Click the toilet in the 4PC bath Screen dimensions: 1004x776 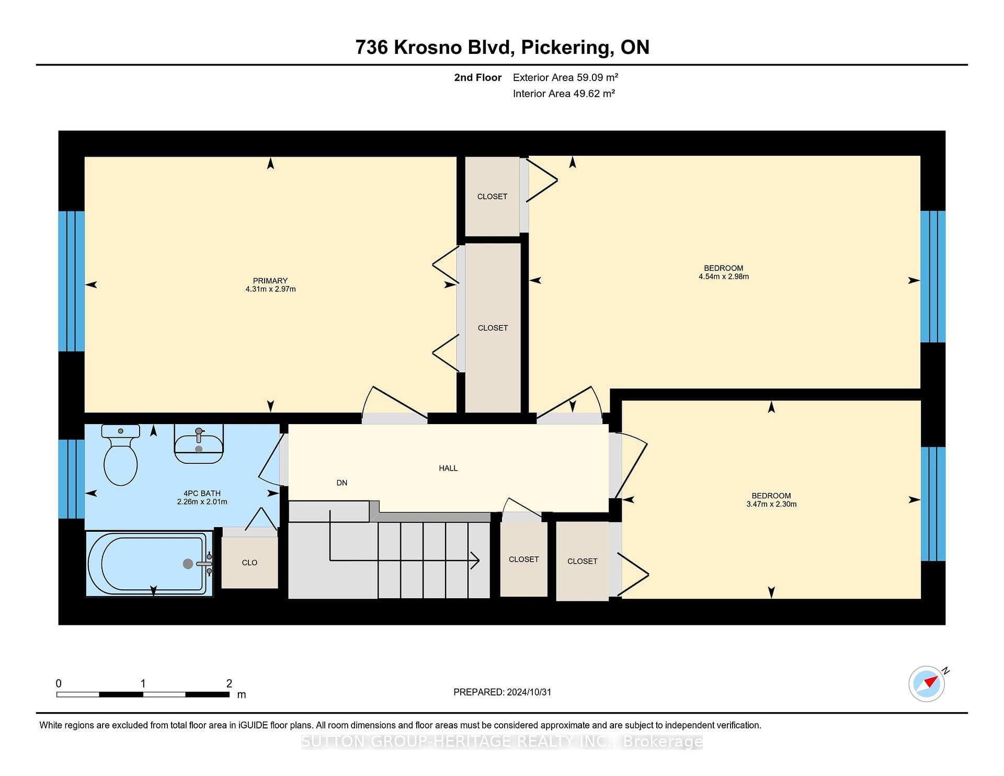pos(121,455)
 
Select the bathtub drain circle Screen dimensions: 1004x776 pos(188,564)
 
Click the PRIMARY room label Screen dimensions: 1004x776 pos(270,281)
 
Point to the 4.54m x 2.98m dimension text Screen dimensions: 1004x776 pos(724,277)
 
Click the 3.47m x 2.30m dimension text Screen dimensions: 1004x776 pos(771,504)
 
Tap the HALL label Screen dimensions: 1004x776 pos(448,469)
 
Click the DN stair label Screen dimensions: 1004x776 pos(342,483)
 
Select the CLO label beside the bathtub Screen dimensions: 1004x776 pos(249,563)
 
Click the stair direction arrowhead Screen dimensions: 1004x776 pos(475,561)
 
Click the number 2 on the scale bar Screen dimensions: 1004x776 pos(229,683)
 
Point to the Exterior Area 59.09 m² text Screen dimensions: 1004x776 pos(565,77)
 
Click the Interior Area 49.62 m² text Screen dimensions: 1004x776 pos(564,94)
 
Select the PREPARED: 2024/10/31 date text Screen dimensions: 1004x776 pos(502,692)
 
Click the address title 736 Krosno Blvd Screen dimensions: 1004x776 pos(432,48)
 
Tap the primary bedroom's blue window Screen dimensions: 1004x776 pos(72,281)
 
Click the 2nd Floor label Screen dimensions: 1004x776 pos(477,77)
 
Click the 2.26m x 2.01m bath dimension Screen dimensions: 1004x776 pos(202,502)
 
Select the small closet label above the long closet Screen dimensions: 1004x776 pos(492,197)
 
